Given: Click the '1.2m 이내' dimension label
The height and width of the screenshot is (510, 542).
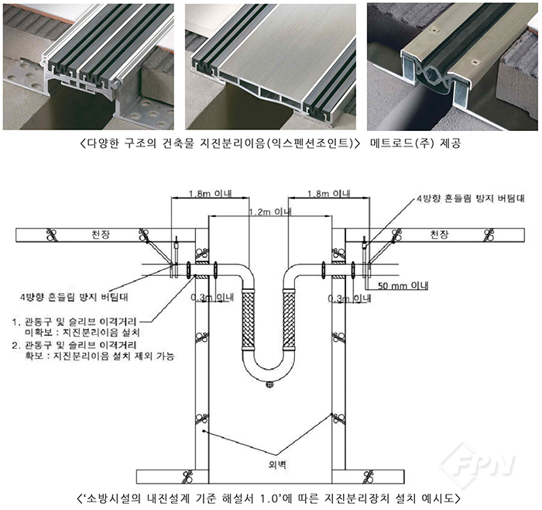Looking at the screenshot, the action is [270, 212].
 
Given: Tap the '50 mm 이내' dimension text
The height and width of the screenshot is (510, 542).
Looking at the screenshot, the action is [403, 286].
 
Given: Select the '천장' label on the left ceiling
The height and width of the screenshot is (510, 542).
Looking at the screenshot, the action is [101, 235].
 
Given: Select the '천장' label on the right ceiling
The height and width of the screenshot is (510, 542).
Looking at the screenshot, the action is [439, 235].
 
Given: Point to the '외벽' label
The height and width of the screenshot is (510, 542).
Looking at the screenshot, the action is [277, 464].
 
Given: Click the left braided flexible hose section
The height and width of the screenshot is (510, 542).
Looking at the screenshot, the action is [248, 319].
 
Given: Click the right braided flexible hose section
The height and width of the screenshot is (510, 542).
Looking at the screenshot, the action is [289, 319].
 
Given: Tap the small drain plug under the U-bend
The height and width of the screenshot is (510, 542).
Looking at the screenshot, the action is [268, 384].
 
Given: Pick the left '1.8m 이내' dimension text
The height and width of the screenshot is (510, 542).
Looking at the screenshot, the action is [211, 193].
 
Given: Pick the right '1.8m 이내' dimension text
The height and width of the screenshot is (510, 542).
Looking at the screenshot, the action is [329, 193].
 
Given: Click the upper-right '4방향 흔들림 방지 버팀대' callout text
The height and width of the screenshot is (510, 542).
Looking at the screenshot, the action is [471, 198].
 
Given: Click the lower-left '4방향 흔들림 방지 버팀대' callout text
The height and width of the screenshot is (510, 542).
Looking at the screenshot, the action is [74, 297].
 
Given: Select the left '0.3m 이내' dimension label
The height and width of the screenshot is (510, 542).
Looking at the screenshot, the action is [213, 298].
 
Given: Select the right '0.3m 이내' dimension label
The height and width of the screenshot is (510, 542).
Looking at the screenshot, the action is [349, 298].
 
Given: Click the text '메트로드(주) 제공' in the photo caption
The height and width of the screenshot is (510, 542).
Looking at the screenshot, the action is [416, 143].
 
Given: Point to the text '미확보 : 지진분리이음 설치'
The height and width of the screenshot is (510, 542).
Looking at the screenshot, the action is [81, 333].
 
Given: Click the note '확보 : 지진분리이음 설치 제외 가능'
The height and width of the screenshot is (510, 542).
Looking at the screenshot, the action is [99, 356].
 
